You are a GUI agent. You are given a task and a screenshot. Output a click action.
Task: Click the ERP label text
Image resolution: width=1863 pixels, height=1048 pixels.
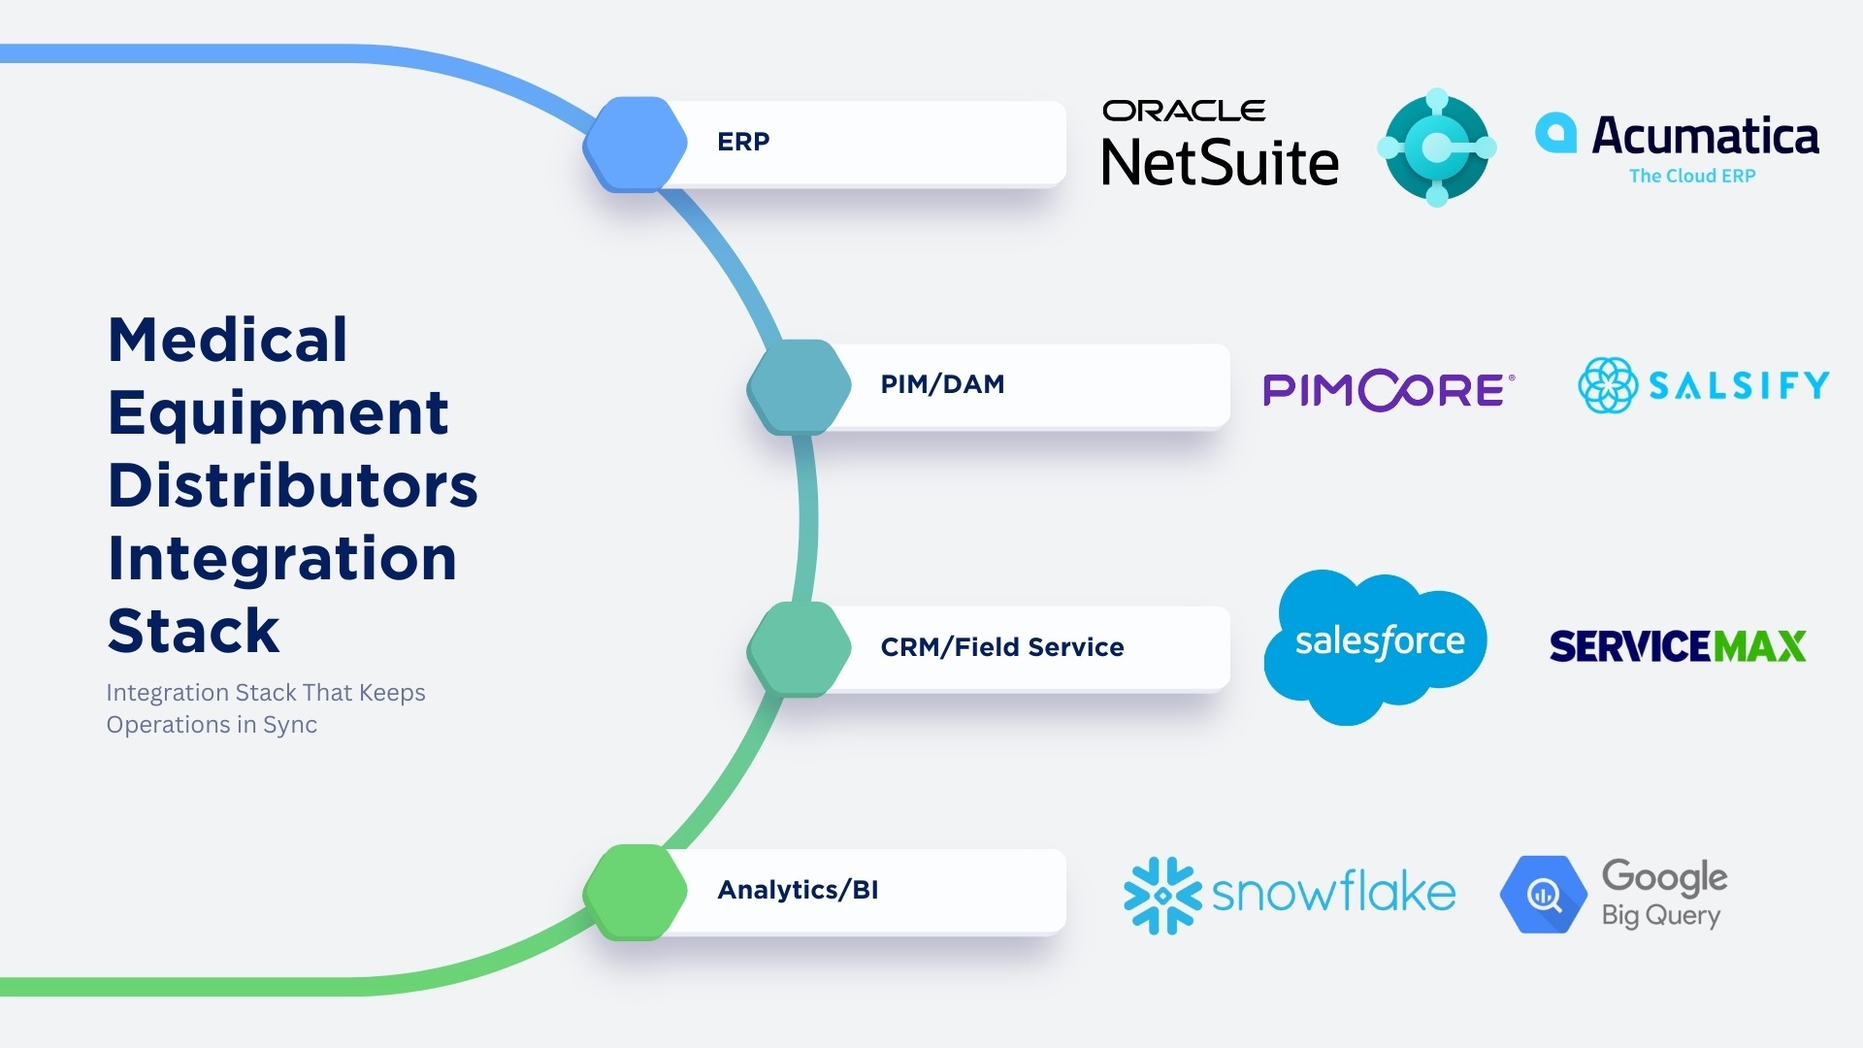pos(743,142)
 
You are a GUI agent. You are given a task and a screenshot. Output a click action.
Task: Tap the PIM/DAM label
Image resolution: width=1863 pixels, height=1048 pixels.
pos(942,384)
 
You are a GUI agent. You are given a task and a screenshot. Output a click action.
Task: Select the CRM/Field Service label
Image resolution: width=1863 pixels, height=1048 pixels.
pos(1001,647)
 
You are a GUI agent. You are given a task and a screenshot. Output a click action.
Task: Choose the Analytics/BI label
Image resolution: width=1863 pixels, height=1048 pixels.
pos(798,890)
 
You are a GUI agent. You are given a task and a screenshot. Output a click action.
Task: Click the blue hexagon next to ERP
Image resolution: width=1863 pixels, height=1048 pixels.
pos(636,144)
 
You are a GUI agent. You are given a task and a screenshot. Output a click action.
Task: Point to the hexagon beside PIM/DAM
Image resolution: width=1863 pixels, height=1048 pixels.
pos(799,386)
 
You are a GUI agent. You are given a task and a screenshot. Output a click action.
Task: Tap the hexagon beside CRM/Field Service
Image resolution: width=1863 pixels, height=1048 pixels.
pos(799,648)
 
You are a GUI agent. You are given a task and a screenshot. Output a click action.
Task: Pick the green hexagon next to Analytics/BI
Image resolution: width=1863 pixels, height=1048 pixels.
pos(636,892)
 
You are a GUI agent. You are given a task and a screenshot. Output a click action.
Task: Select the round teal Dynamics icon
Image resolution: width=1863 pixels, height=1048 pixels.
pos(1437,147)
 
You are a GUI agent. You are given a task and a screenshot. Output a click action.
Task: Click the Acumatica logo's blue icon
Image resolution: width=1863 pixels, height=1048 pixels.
pos(1555,133)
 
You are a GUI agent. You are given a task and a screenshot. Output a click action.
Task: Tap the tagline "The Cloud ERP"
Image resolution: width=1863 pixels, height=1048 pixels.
pos(1692,177)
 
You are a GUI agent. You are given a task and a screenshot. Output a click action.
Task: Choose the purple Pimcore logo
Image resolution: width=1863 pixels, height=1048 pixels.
pos(1388,389)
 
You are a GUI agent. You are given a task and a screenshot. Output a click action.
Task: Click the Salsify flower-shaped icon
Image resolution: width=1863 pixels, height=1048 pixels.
pos(1607,385)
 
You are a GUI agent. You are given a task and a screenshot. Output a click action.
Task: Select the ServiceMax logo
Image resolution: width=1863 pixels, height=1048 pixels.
pos(1678,646)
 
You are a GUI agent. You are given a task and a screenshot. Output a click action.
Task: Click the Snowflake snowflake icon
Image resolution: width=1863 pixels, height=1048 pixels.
pos(1161,895)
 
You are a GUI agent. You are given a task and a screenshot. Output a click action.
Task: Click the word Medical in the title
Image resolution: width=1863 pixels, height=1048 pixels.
pos(228,341)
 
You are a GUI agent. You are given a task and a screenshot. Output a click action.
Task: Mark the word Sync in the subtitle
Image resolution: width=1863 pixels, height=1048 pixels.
pos(290,726)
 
